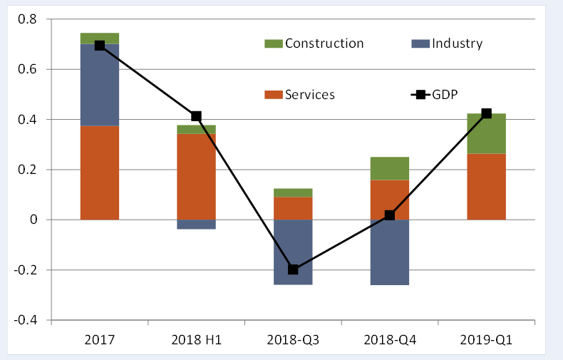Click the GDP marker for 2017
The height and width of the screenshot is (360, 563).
100,46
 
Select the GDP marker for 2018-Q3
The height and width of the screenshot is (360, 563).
293,269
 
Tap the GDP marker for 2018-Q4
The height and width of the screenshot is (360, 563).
390,215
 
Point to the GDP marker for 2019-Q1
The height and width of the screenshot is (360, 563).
486,113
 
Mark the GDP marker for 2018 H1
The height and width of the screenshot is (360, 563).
196,116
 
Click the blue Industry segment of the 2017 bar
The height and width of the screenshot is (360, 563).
100,85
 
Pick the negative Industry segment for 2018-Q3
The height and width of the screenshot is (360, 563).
293,252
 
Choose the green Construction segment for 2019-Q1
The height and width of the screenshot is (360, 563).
486,133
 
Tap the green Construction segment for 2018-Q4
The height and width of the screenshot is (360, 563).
390,168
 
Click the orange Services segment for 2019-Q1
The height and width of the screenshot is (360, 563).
486,186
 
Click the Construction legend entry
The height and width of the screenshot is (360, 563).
314,43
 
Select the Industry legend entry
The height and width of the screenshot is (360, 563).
448,43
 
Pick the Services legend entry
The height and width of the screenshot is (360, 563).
300,94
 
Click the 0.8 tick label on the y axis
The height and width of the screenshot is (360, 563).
27,19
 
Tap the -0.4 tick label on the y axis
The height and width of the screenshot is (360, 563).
25,320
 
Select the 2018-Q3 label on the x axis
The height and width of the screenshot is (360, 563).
293,340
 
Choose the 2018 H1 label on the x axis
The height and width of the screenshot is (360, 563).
196,340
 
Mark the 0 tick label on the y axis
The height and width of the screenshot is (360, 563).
33,220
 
